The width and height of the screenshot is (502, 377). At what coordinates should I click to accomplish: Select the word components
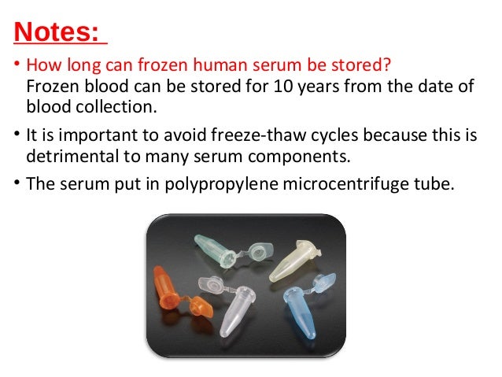click(x=301, y=154)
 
